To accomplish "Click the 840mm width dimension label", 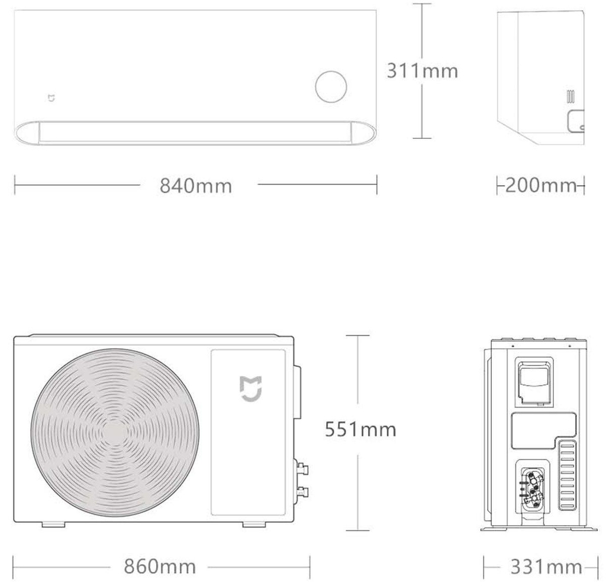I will tap(195, 186).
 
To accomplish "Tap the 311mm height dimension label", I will tap(422, 70).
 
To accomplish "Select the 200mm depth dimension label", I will tap(540, 186).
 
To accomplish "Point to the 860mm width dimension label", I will tap(159, 566).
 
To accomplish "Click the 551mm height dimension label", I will tap(360, 429).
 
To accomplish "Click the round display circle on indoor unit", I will tap(330, 88).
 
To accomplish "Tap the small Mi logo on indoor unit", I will tap(51, 97).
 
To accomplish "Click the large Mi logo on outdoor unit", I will tap(251, 388).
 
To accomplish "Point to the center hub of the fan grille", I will tap(115, 433).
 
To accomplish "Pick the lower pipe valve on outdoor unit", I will tap(303, 491).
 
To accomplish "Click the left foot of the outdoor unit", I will tap(53, 524).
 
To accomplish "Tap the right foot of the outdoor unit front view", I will tap(254, 524).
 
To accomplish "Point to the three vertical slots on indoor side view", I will tap(571, 96).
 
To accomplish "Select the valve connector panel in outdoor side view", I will tap(533, 486).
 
